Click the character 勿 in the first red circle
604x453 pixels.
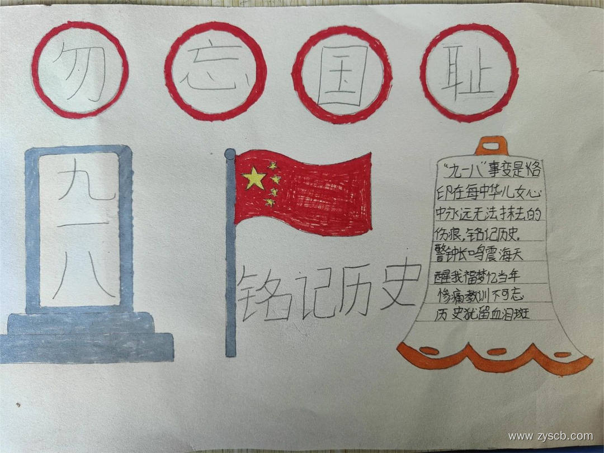click(x=81, y=69)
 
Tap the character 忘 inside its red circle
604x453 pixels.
click(x=215, y=71)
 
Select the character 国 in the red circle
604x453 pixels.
click(x=342, y=74)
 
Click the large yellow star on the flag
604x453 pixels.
click(x=254, y=178)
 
